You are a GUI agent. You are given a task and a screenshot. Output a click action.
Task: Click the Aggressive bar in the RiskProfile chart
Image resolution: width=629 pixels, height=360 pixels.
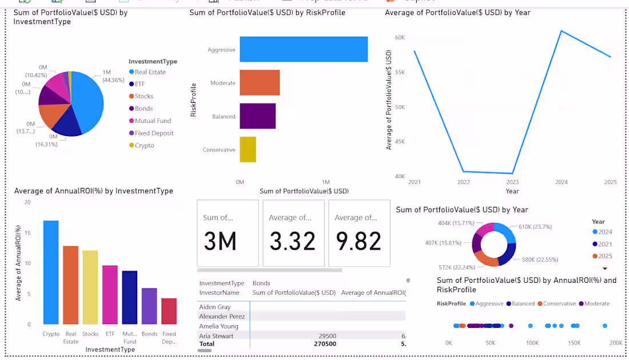pyautogui.click(x=303, y=49)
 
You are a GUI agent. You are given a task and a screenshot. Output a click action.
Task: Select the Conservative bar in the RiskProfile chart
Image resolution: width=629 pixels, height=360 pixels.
pyautogui.click(x=248, y=150)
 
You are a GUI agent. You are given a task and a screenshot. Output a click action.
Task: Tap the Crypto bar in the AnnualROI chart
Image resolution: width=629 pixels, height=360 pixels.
pyautogui.click(x=51, y=272)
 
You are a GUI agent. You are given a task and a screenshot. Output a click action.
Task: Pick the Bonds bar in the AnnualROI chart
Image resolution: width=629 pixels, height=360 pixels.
pyautogui.click(x=149, y=306)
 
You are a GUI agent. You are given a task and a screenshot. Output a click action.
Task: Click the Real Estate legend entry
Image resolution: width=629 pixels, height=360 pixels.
pyautogui.click(x=150, y=72)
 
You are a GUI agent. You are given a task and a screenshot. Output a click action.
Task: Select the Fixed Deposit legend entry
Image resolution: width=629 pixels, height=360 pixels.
pyautogui.click(x=154, y=133)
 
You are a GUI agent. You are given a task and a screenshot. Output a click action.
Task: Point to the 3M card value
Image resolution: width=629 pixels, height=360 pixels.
pyautogui.click(x=220, y=241)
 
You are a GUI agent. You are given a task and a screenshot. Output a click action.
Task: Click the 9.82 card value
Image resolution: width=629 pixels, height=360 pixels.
pyautogui.click(x=358, y=241)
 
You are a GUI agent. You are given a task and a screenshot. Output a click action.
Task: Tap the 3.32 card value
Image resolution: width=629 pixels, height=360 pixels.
pyautogui.click(x=292, y=241)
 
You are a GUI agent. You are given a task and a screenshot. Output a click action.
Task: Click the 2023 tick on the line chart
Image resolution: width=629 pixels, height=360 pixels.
pyautogui.click(x=512, y=182)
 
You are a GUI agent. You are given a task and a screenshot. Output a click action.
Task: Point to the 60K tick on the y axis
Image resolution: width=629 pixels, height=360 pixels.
pyautogui.click(x=400, y=38)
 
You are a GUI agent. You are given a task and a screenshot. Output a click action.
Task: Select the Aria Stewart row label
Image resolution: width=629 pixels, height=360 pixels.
pyautogui.click(x=216, y=336)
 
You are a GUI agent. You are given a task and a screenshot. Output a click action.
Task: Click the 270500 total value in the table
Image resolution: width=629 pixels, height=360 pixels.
pyautogui.click(x=325, y=344)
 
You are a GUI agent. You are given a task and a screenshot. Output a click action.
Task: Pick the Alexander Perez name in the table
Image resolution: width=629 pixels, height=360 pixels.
pyautogui.click(x=222, y=317)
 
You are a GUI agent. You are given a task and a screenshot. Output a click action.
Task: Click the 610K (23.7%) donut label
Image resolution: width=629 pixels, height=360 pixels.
pyautogui.click(x=536, y=227)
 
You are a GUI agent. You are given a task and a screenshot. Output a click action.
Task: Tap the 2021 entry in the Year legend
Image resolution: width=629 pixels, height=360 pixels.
pyautogui.click(x=604, y=244)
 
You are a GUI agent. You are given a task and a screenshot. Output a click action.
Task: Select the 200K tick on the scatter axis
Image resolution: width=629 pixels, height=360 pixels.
pyautogui.click(x=615, y=343)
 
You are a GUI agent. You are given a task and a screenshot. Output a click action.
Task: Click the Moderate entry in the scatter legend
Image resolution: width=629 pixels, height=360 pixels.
pyautogui.click(x=597, y=303)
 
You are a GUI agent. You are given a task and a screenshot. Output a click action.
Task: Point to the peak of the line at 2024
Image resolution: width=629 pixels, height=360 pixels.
pyautogui.click(x=562, y=31)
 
